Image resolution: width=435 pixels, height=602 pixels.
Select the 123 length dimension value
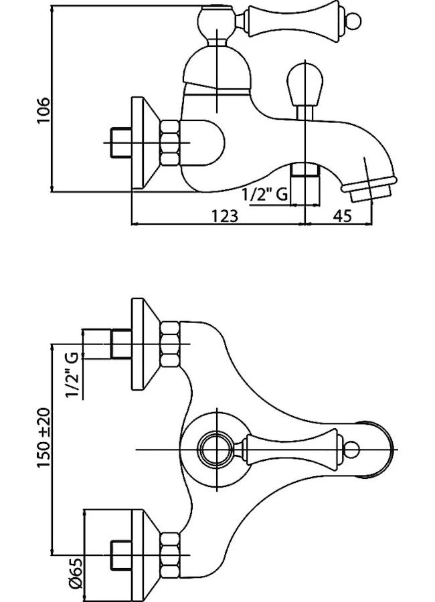226,215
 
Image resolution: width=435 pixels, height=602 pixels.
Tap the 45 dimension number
342,215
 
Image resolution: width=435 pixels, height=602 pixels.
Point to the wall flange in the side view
143,142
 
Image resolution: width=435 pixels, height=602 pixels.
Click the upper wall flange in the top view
143,344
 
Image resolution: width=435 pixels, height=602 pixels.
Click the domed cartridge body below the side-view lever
217,70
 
